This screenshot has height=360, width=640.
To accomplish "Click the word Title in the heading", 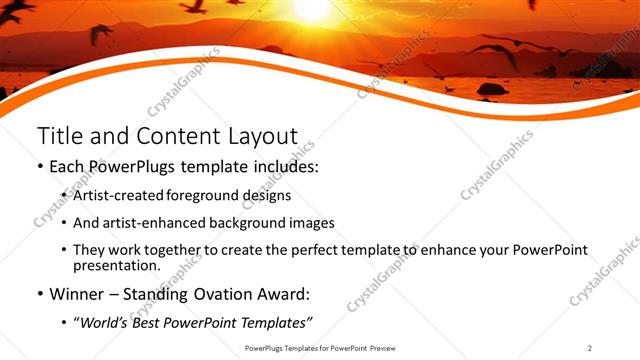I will click(57, 136).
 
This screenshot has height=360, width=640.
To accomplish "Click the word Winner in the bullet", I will click(79, 295).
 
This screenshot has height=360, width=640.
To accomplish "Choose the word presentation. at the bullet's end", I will click(116, 266).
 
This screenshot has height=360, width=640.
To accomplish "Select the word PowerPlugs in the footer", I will click(266, 347).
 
